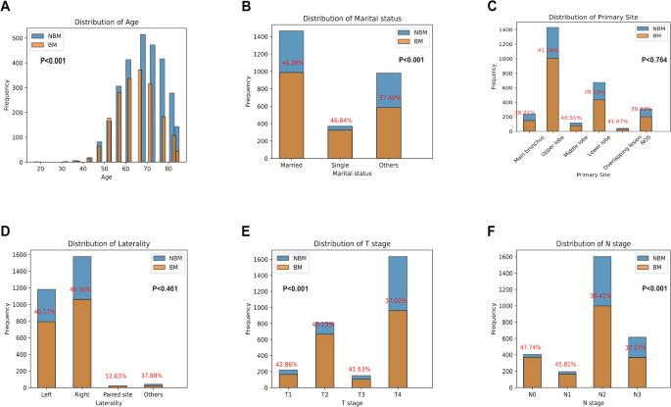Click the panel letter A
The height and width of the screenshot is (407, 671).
pos(7,8)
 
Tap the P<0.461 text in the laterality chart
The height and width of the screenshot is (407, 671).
pos(170,288)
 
